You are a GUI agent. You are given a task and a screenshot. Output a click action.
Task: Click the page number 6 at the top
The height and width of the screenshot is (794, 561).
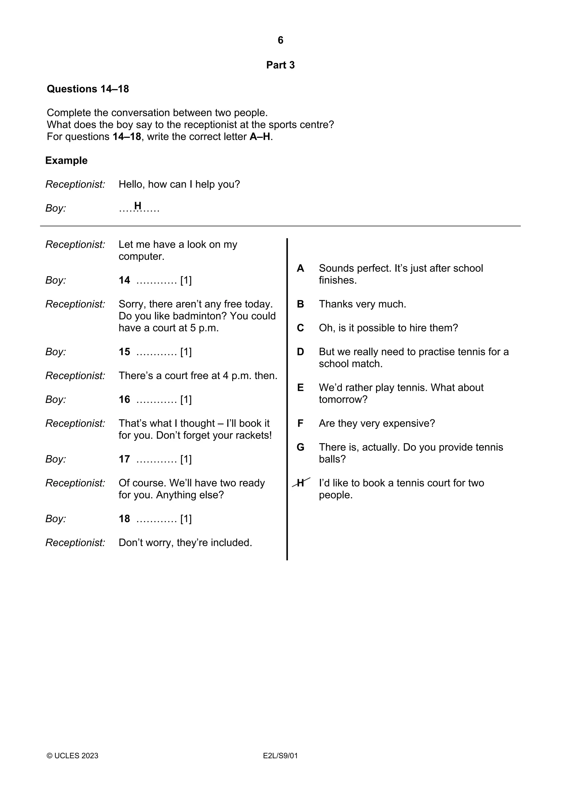pos(280,41)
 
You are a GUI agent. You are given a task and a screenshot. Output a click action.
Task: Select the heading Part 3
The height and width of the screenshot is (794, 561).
pos(280,65)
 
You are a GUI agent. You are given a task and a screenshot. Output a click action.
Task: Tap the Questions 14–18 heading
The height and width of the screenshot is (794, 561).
pos(88,89)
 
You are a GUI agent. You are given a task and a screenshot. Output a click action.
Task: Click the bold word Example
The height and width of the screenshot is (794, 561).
pos(66,160)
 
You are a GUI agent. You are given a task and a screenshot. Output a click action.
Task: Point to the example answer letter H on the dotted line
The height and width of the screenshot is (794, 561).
pos(138,206)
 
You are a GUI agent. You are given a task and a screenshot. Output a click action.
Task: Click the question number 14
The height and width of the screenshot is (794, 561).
pos(124,280)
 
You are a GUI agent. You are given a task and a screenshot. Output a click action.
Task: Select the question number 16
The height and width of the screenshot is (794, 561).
pos(124,399)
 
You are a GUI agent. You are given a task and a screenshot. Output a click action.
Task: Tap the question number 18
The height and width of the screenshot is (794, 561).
pos(124,519)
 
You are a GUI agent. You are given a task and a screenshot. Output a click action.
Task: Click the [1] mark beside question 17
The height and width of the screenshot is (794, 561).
pos(186,459)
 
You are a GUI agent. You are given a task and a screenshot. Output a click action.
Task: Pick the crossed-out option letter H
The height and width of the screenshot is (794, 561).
pos(301,483)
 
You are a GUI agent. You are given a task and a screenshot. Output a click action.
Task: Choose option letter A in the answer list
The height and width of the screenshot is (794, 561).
pos(300,268)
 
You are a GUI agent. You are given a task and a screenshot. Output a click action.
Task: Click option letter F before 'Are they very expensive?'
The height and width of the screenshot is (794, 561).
pos(300,423)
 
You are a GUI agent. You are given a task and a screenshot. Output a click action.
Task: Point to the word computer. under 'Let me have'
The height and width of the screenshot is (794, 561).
pos(141,257)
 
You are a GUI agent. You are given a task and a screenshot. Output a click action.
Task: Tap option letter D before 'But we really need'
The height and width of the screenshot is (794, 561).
pos(300,352)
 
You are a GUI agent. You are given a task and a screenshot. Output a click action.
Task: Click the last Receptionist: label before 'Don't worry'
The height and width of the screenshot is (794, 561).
pos(75,543)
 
